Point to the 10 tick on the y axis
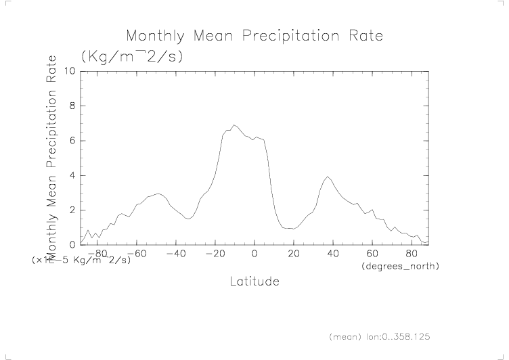69,70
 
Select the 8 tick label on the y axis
72,106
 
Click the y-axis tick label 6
72,141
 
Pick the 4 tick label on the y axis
72,175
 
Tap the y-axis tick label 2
72,210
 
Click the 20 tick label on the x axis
293,253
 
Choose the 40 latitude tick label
332,253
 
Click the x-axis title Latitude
254,281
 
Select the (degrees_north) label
399,267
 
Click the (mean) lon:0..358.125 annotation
380,336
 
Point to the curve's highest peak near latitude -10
234,125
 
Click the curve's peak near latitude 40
328,177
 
